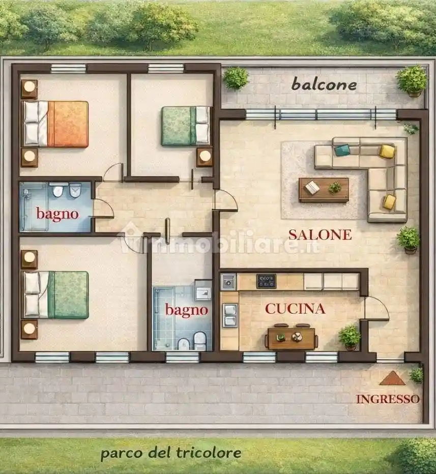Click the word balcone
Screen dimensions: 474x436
tap(324, 84)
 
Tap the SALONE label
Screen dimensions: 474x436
tap(319, 234)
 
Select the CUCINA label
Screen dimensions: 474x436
tap(295, 309)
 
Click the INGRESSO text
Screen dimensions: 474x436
tap(388, 399)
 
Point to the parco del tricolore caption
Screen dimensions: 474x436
tap(170, 452)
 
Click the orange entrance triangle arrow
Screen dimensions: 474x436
tap(392, 378)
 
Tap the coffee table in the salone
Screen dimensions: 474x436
tap(324, 190)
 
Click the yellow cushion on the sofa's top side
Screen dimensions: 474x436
tap(387, 151)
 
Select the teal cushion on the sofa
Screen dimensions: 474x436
tap(342, 150)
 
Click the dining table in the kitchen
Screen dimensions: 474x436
tap(291, 338)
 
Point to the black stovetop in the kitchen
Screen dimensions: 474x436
tap(266, 281)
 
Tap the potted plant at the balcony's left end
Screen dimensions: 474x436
tap(236, 78)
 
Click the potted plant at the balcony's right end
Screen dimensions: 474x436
tap(412, 80)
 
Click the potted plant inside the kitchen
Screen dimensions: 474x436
tap(350, 337)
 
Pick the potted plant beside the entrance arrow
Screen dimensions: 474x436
tap(416, 375)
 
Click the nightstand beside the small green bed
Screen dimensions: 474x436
tap(205, 157)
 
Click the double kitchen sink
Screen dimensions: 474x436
tap(229, 314)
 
